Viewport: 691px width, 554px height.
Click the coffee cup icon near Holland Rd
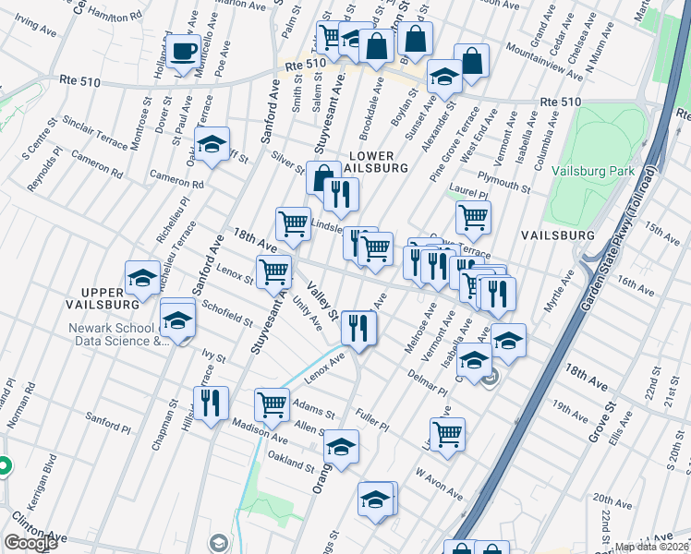183,50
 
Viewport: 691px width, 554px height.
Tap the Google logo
30,543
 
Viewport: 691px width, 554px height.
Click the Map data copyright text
650,547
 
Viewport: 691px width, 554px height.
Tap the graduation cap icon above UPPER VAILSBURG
142,277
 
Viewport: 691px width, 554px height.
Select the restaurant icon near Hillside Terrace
212,402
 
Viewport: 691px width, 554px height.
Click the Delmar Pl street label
427,381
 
